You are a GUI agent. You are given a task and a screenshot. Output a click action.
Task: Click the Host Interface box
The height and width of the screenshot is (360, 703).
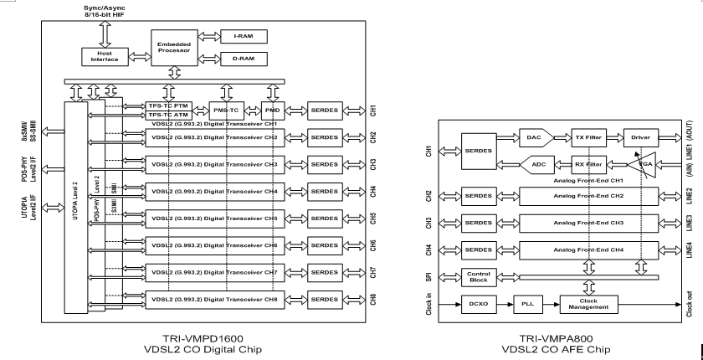click(x=99, y=56)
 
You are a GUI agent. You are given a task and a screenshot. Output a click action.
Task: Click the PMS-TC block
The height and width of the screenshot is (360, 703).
click(x=225, y=110)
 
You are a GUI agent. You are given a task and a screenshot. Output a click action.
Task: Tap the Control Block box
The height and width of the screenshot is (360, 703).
click(x=479, y=277)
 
